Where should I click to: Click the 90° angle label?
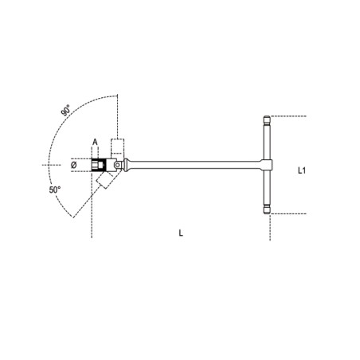coord(66,109)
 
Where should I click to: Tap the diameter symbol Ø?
coord(74,166)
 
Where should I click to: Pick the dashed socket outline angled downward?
coord(104,185)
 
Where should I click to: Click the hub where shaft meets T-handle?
coord(268,166)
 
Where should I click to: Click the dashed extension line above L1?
coord(291,116)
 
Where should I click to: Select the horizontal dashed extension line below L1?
coord(291,214)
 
